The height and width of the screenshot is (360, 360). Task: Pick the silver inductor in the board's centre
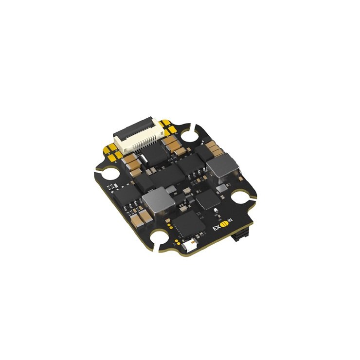[x=157, y=201]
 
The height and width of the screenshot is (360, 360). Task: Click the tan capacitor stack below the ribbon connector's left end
[x=130, y=162]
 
